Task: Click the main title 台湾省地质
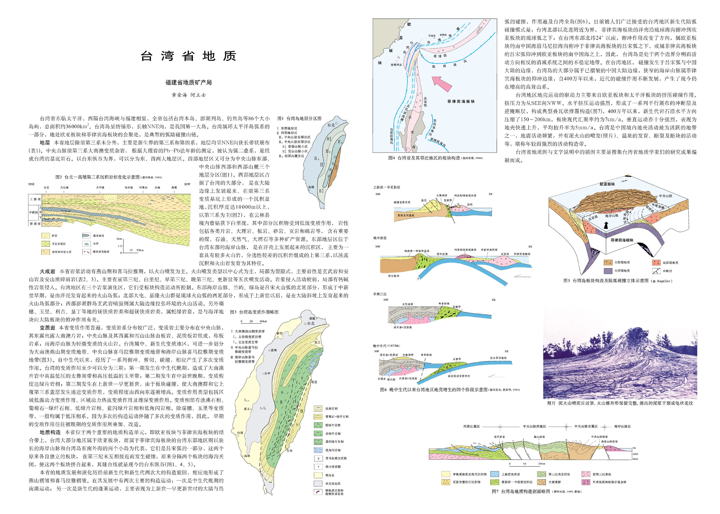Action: point(188,56)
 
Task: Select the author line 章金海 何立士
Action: point(188,95)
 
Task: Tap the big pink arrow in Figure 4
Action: point(442,84)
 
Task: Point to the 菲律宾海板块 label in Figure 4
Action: point(461,101)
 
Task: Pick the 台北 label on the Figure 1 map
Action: point(331,125)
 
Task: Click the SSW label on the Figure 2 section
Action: point(187,184)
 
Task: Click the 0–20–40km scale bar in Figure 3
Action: point(254,322)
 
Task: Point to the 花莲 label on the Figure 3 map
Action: point(314,382)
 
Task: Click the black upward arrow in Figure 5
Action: point(606,225)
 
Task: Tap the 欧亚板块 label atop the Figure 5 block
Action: point(607,184)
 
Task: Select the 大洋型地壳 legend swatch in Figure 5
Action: point(608,271)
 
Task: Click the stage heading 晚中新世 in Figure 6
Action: point(380,238)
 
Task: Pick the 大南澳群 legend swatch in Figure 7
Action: point(542,482)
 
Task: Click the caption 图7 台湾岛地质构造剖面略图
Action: point(521,491)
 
